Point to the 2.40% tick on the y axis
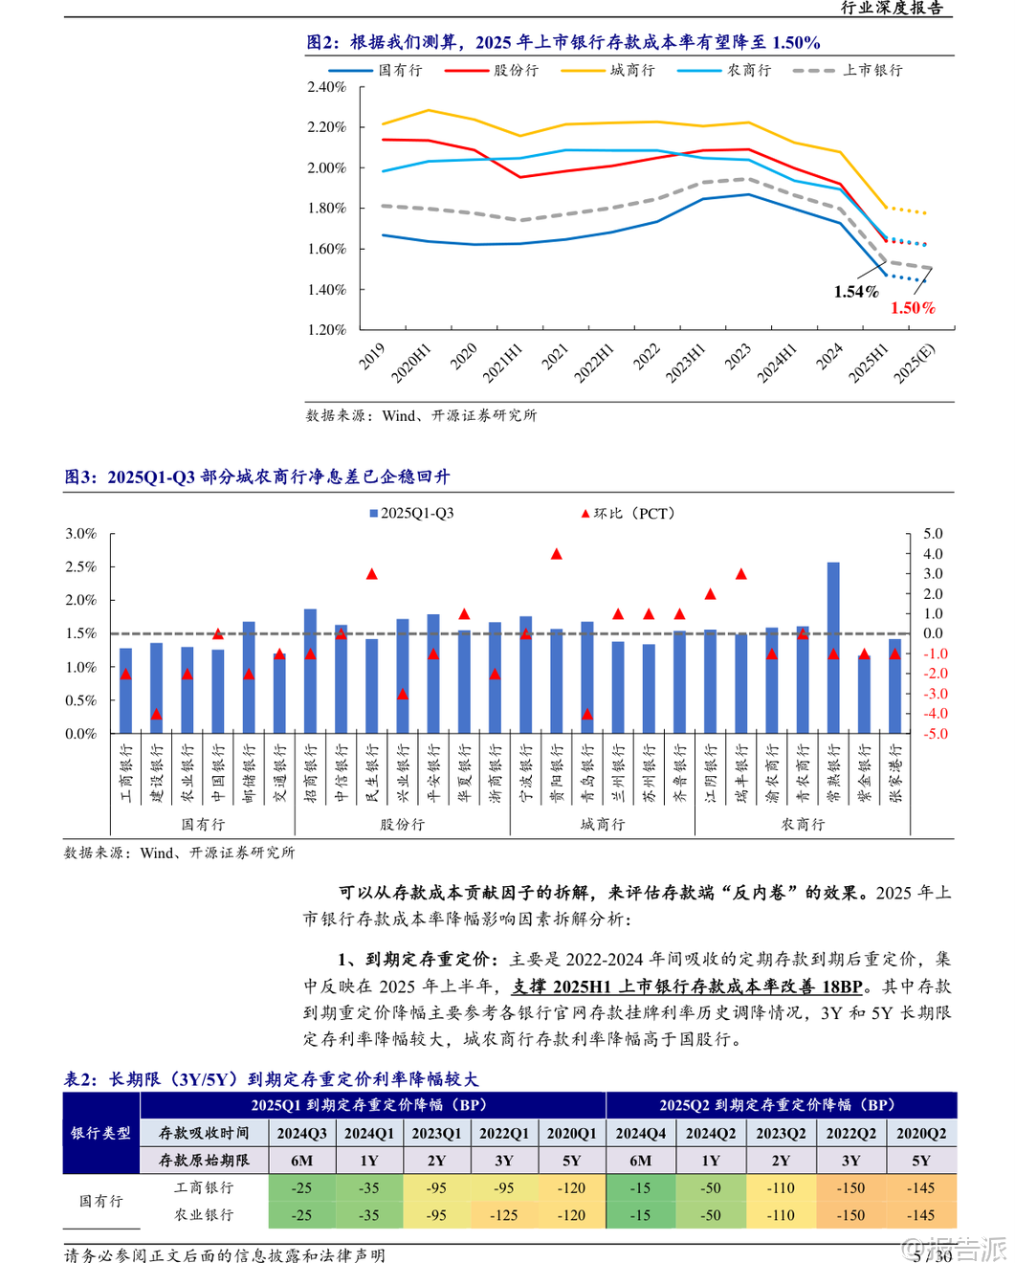point(326,87)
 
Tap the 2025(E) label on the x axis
point(915,364)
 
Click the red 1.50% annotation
point(913,308)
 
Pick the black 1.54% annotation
point(855,292)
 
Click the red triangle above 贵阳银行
point(557,554)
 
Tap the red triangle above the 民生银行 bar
point(372,574)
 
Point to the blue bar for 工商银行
point(125,691)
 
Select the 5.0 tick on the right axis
point(933,534)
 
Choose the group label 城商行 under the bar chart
point(602,825)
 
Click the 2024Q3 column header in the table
point(301,1133)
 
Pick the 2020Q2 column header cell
point(920,1133)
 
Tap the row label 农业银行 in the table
point(204,1215)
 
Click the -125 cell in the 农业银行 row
point(503,1215)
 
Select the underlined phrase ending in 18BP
point(687,986)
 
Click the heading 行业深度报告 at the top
point(892,9)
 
